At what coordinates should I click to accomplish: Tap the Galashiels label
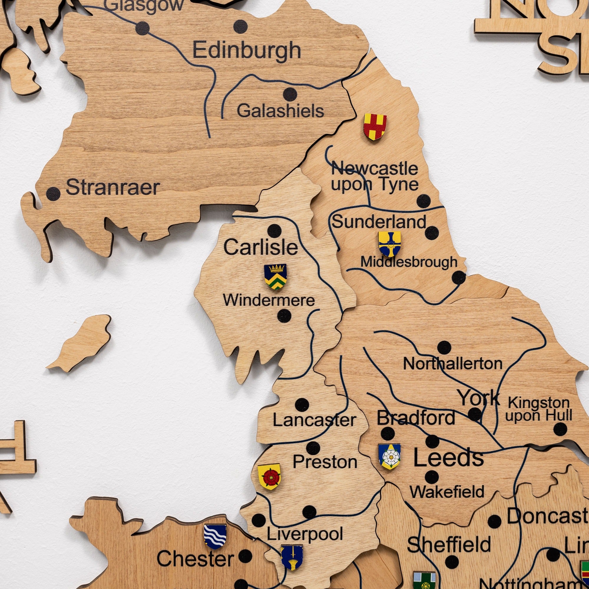coord(280,111)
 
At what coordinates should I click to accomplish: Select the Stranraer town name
coord(113,187)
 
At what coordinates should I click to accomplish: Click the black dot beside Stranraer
coord(53,194)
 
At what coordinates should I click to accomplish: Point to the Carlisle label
coord(261,247)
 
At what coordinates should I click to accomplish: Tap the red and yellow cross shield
coord(375,127)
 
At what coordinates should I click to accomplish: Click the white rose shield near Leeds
coord(389,456)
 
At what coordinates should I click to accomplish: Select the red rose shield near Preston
coord(269,477)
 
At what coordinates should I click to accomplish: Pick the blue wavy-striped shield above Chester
coord(215,537)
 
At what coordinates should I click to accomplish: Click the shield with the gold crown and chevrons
coord(275,277)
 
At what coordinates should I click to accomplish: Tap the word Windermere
coord(269,300)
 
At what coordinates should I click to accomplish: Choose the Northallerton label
coord(453,364)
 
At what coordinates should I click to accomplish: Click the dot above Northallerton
coord(444,348)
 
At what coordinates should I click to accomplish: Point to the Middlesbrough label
coord(409,262)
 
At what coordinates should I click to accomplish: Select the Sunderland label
coord(379,222)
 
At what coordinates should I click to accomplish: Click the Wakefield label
coord(447,492)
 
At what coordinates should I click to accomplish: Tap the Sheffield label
coord(449,545)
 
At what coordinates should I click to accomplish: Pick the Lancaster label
coord(314,420)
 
